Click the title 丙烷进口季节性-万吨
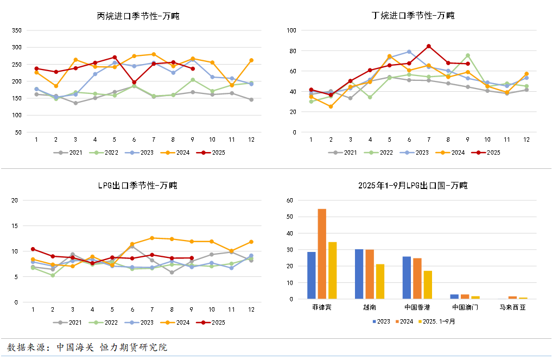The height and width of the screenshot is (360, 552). [x=138, y=16]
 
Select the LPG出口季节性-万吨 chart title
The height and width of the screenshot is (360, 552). [x=137, y=186]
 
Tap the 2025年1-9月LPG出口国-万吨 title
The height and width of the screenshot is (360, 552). [x=413, y=186]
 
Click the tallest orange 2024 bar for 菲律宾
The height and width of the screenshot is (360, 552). [x=322, y=254]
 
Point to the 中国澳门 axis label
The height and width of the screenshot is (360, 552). [x=465, y=307]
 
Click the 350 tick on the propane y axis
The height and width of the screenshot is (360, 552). [x=16, y=30]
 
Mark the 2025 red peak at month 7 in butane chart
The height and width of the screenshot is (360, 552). [x=429, y=46]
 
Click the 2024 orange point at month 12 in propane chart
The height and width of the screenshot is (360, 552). [x=251, y=60]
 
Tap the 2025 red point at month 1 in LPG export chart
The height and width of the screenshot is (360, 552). [x=33, y=249]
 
